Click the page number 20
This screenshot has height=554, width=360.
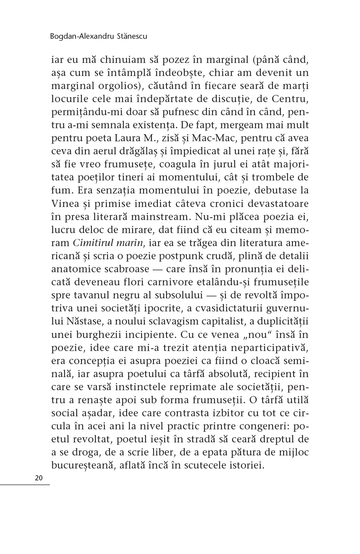point(39,478)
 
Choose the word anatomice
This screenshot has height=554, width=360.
point(76,269)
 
